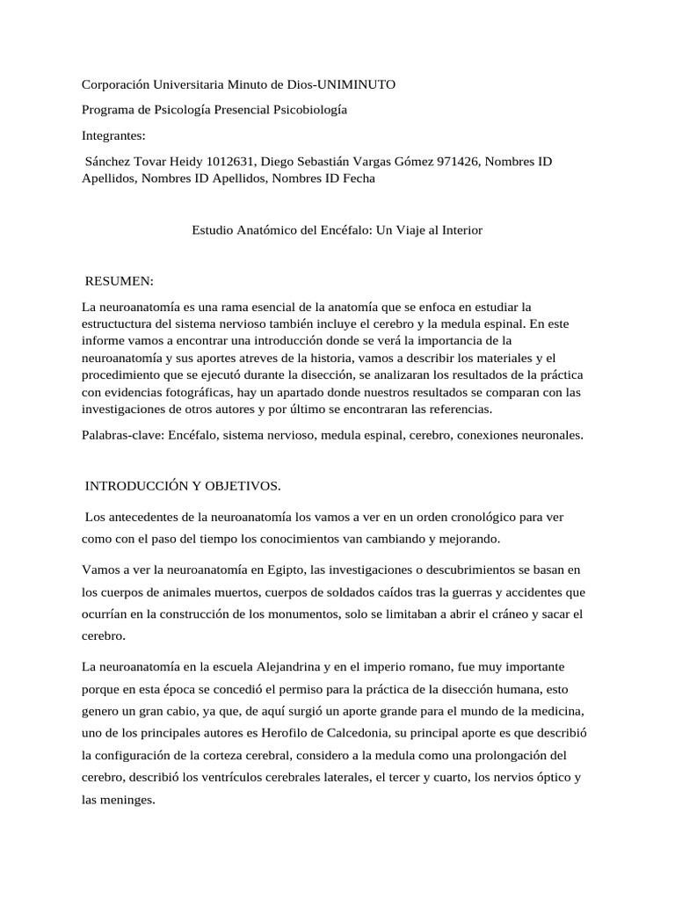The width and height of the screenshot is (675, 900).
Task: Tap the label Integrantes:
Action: [x=113, y=135]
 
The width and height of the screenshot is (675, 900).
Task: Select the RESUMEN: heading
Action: [x=119, y=281]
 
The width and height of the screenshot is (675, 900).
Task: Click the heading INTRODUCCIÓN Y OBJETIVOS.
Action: [x=182, y=485]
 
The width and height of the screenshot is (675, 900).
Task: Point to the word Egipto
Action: [x=272, y=546]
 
